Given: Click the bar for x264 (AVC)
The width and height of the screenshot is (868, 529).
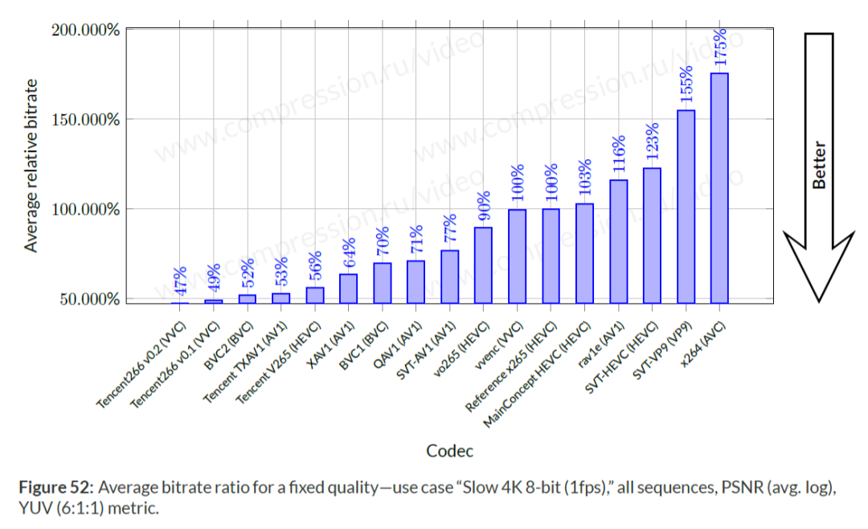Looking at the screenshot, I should coord(719,188).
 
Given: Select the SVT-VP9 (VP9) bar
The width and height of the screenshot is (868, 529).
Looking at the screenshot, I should coord(686,207).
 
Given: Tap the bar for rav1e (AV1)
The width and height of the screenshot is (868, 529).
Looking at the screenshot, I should coord(618,241).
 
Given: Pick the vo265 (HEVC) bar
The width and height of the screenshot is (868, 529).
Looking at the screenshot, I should coord(483,265).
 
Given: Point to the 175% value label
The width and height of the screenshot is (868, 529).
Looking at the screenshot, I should coord(720,47).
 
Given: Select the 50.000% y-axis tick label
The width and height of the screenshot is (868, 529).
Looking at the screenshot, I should coord(88,299).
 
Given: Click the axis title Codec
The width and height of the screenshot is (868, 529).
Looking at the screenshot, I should coord(449,449).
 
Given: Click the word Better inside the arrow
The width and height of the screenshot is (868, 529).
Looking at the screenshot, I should coord(819,166).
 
